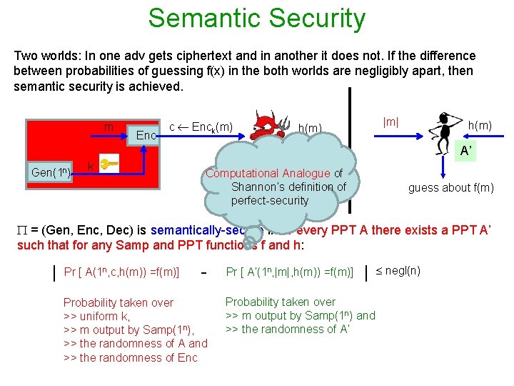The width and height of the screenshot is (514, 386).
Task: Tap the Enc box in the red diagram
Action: coord(146,135)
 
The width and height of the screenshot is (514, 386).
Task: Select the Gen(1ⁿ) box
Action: coord(50,172)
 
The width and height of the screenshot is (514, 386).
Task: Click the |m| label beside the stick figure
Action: coord(391,122)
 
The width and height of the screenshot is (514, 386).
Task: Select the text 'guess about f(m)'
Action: coord(450,187)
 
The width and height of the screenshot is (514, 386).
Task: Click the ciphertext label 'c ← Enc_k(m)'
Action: coord(201,126)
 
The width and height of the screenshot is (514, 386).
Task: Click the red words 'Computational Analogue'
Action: coord(268,173)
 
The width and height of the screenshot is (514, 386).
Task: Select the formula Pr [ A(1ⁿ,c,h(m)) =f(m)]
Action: coord(121,272)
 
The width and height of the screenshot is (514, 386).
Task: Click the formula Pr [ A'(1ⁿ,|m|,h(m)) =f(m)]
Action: coord(290,272)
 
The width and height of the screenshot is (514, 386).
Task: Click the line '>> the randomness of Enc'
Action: coord(130,357)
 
